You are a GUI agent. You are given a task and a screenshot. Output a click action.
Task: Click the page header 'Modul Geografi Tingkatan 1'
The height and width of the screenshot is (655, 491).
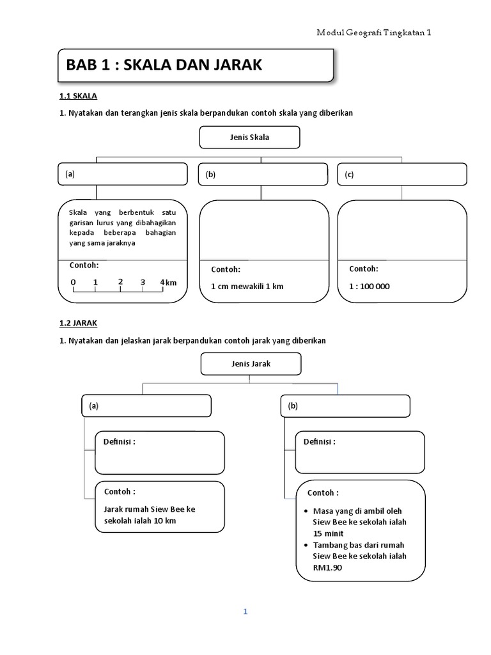pyautogui.click(x=375, y=33)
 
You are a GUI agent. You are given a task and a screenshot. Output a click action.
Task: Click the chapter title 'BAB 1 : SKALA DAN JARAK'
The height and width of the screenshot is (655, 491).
pyautogui.click(x=164, y=65)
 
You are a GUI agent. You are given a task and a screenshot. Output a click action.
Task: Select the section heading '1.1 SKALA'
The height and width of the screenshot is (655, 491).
pyautogui.click(x=77, y=96)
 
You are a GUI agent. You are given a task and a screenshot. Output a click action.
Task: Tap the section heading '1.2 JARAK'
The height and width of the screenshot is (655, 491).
pyautogui.click(x=78, y=324)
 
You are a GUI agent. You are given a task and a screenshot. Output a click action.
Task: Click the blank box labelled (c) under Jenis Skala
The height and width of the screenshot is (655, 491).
pyautogui.click(x=402, y=175)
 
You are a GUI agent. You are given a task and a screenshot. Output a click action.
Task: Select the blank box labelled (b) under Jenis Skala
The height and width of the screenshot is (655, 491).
pyautogui.click(x=265, y=175)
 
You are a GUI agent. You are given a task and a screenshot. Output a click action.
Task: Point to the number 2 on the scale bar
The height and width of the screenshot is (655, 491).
pyautogui.click(x=120, y=282)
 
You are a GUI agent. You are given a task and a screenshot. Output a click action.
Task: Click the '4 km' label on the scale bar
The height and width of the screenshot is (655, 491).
pyautogui.click(x=168, y=283)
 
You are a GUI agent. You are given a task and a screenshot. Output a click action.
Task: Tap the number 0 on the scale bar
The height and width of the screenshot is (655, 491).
pyautogui.click(x=73, y=282)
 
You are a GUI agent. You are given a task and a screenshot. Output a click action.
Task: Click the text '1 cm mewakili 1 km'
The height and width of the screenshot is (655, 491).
pyautogui.click(x=247, y=287)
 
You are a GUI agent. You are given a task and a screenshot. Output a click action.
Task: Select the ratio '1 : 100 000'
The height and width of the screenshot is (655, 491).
pyautogui.click(x=369, y=287)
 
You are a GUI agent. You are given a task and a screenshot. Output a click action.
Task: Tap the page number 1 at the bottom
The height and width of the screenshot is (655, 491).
pyautogui.click(x=245, y=612)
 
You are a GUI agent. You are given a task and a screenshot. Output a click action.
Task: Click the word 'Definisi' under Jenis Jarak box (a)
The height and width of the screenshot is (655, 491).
pyautogui.click(x=120, y=441)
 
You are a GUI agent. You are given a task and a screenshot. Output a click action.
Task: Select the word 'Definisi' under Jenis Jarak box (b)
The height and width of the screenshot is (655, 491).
pyautogui.click(x=319, y=441)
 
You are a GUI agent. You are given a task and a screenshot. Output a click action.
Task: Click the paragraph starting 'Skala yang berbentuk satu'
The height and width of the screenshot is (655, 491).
pyautogui.click(x=122, y=227)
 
